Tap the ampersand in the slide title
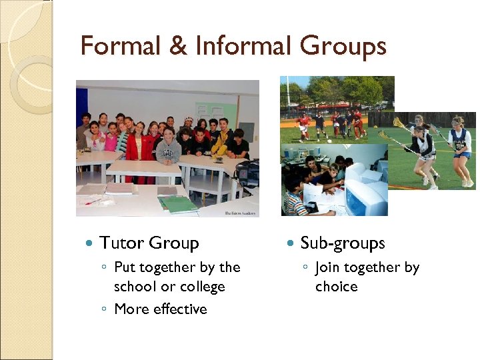(178, 47)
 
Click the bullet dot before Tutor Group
(88, 244)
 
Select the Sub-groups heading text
(343, 244)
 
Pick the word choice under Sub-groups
(337, 287)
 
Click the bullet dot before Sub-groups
(289, 244)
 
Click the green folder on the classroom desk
(177, 203)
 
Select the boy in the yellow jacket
(221, 141)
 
